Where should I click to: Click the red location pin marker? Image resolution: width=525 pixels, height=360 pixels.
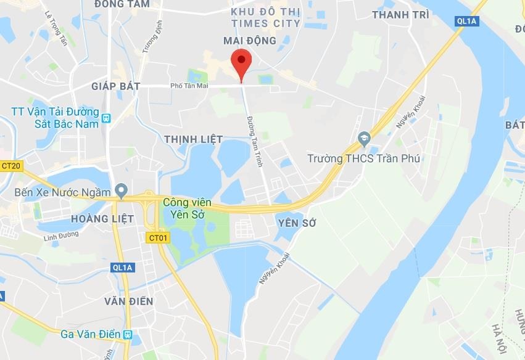pyautogui.click(x=241, y=65)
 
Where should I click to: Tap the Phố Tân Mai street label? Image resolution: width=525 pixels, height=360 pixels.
pyautogui.click(x=189, y=86)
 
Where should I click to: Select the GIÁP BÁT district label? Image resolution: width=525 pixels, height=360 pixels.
pyautogui.click(x=116, y=86)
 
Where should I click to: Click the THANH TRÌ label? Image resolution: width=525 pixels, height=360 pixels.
pyautogui.click(x=400, y=15)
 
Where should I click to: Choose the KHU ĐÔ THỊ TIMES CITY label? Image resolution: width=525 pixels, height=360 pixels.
pyautogui.click(x=266, y=18)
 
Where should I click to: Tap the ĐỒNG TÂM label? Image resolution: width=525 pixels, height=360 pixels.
pyautogui.click(x=122, y=4)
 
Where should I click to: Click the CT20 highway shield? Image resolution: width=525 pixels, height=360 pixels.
pyautogui.click(x=11, y=166)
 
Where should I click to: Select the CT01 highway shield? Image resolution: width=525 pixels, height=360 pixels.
pyautogui.click(x=158, y=237)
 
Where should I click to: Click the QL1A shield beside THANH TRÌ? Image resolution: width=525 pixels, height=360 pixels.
pyautogui.click(x=467, y=21)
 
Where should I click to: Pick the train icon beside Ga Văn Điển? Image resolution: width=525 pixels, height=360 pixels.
pyautogui.click(x=128, y=335)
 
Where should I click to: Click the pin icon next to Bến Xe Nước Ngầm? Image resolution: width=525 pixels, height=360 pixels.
pyautogui.click(x=122, y=189)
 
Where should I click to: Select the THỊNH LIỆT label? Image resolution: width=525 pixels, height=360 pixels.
pyautogui.click(x=194, y=139)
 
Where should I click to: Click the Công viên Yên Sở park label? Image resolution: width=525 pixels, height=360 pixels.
pyautogui.click(x=187, y=208)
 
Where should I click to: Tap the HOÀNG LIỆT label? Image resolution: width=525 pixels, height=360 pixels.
pyautogui.click(x=98, y=219)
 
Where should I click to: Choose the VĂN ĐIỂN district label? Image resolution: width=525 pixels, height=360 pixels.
pyautogui.click(x=128, y=301)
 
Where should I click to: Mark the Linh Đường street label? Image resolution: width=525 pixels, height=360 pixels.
pyautogui.click(x=61, y=236)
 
